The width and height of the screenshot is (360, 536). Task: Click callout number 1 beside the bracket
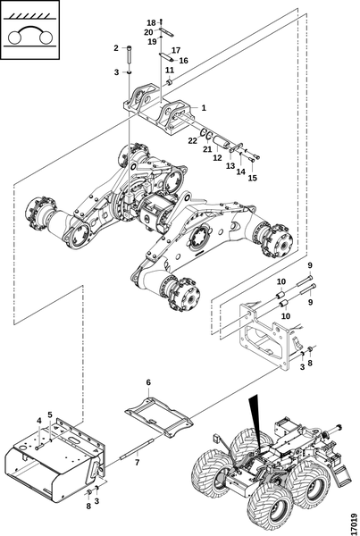(204, 108)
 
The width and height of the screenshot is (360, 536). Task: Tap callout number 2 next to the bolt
(116, 48)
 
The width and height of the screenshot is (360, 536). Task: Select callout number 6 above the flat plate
(148, 382)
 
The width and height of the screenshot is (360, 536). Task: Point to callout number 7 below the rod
(137, 463)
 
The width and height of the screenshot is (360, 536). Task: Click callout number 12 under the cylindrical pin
(217, 157)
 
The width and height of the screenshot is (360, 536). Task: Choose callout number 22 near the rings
(193, 140)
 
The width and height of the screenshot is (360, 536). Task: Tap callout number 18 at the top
(151, 23)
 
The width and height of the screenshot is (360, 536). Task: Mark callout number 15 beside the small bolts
(252, 178)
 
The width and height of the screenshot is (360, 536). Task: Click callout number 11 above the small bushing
(170, 70)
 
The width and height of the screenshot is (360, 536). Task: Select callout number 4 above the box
(39, 421)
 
